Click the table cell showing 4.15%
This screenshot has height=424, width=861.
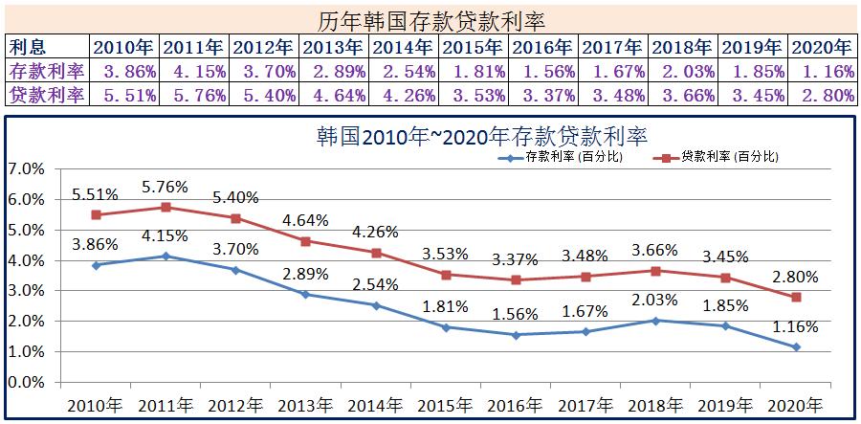[195, 70]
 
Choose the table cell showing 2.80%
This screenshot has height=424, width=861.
[822, 94]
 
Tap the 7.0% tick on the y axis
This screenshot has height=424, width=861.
[26, 169]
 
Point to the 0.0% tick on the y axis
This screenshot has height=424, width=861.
[26, 383]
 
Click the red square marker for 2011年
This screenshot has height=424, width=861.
[166, 207]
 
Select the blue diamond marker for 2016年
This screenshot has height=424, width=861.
[516, 335]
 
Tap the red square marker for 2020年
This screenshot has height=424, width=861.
[795, 298]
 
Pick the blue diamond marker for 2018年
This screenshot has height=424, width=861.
[655, 321]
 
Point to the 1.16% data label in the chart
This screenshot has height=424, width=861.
[795, 326]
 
